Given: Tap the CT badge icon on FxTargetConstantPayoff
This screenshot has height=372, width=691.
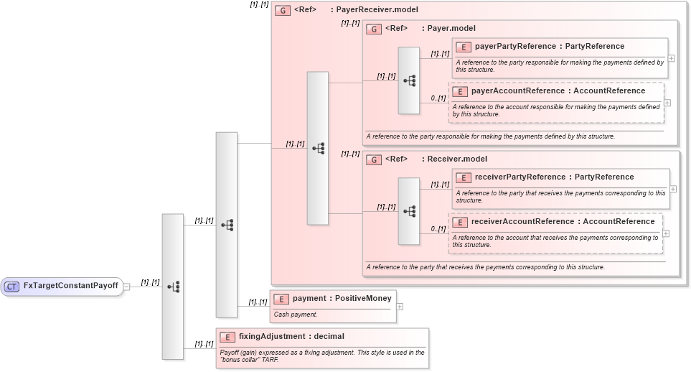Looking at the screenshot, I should coord(11,286).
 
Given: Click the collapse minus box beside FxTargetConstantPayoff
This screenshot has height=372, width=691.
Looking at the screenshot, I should coord(126,286).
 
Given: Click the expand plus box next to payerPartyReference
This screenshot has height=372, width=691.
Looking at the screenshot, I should coord(672,58).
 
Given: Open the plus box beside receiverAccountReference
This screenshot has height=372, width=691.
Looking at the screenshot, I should coord(666,233).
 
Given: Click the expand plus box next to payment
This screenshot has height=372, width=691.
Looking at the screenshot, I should coord(400,307).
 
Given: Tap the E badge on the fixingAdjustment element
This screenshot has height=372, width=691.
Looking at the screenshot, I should coord(227,337).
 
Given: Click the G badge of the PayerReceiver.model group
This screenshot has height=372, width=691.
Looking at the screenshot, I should coord(283,11).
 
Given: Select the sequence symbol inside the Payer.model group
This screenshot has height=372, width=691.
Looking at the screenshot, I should coord(409,80).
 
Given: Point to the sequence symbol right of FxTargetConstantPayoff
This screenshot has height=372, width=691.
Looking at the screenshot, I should coord(173,286).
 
